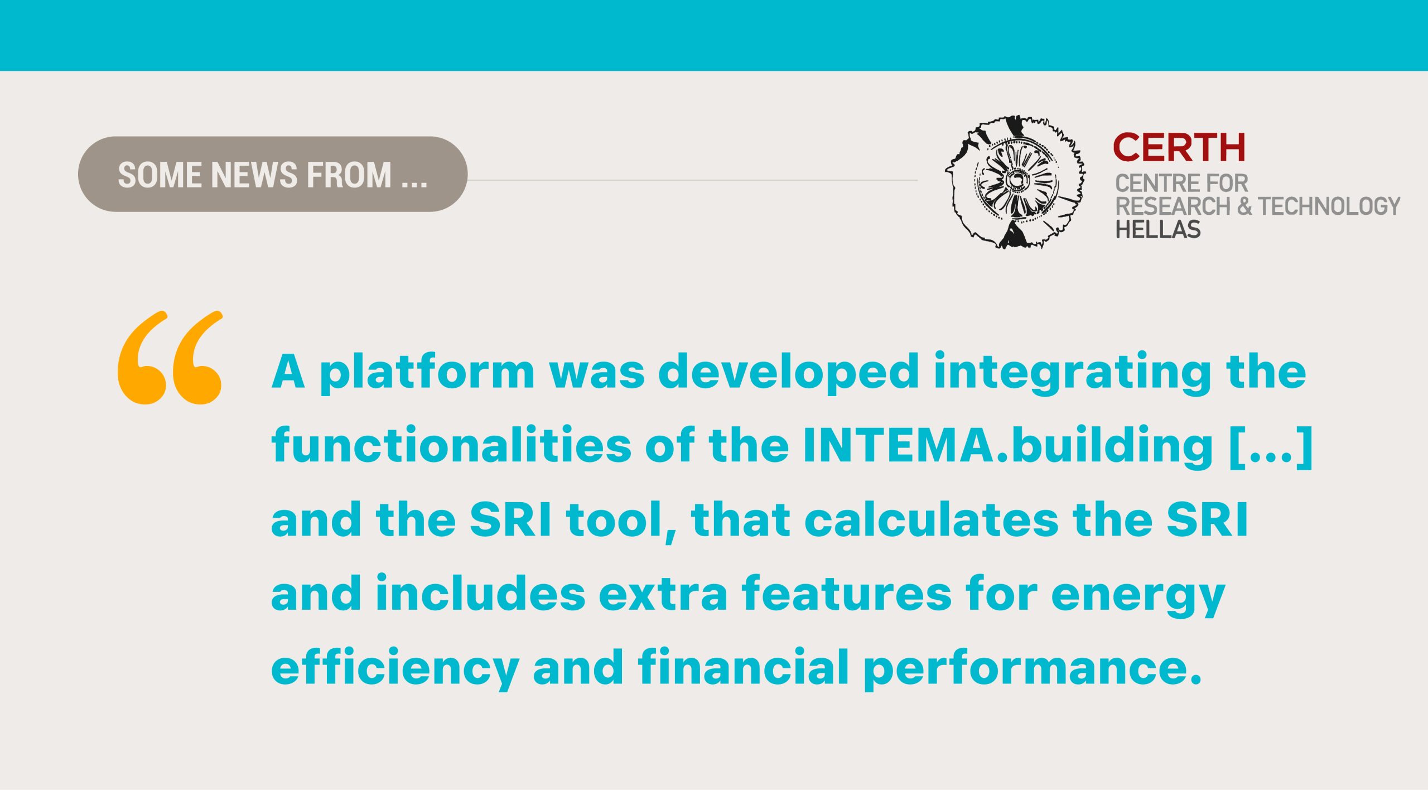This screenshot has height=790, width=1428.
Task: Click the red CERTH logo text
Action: point(1179,147)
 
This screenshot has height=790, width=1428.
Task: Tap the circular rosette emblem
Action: point(1015,182)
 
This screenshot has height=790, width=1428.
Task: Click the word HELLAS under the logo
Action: point(1157,229)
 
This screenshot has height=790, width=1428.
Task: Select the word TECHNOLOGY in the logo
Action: point(1329,206)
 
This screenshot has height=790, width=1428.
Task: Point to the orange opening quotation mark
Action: point(170,357)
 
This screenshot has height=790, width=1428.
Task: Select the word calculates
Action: point(931,519)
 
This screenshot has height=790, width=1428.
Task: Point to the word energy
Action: point(1138,598)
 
